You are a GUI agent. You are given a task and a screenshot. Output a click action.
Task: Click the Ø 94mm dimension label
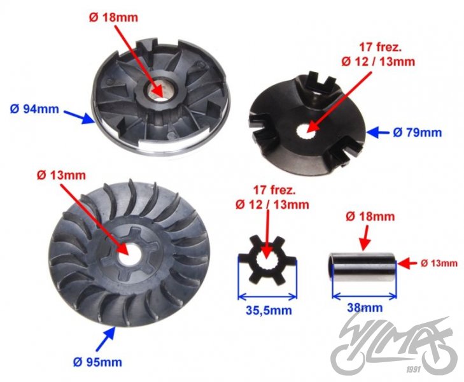click(x=34, y=109)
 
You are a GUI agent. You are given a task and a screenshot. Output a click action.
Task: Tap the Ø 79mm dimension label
click(x=417, y=132)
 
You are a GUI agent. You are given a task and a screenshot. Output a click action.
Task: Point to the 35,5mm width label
click(x=267, y=311)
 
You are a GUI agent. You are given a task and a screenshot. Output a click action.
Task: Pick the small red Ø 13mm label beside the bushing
click(x=439, y=262)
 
